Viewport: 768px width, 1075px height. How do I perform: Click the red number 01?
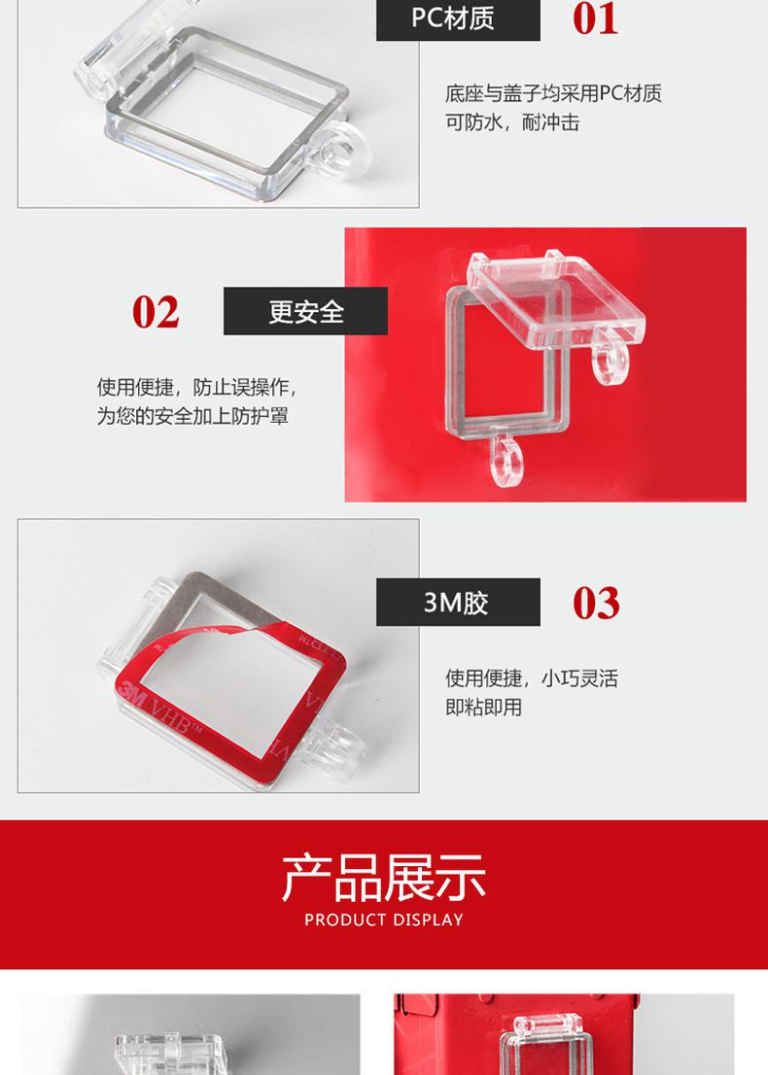pos(595,18)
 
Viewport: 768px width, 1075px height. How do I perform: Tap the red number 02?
pos(156,312)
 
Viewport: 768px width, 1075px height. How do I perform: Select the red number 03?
pos(596,604)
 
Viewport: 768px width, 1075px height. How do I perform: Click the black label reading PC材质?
pos(458,19)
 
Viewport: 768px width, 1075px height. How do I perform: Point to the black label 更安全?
pos(306,311)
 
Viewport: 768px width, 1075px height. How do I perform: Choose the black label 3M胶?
pos(458,602)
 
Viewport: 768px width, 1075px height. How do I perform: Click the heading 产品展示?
pos(384,878)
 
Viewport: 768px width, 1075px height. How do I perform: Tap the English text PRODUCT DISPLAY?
pos(384,920)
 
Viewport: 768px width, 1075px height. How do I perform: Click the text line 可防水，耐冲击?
pos(512,122)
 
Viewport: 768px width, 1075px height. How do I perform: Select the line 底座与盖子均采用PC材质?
pos(553,93)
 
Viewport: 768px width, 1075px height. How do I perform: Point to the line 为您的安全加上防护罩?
pos(192,416)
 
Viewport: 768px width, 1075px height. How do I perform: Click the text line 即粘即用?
pos(483,707)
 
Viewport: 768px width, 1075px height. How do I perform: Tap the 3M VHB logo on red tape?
pos(159,711)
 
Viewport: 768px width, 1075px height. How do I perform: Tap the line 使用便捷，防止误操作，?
pos(196,388)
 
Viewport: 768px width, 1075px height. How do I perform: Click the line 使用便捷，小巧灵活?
pos(532,678)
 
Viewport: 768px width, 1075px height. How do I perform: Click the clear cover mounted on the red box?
pos(541,1046)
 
